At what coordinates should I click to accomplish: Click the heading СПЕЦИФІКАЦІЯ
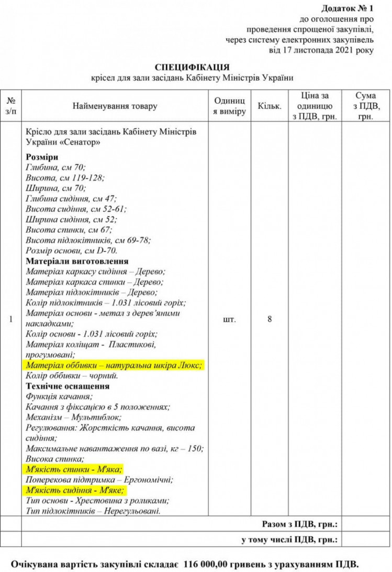[x=193, y=67]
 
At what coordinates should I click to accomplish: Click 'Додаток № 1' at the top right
[x=348, y=9]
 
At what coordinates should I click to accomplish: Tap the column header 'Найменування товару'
[x=115, y=106]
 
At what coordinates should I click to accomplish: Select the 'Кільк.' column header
[x=270, y=106]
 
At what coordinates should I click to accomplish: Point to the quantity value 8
[x=270, y=319]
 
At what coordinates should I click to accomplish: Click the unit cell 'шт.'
[x=229, y=319]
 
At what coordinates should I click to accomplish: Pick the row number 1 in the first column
[x=11, y=319]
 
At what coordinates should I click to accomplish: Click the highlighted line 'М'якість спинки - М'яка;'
[x=74, y=469]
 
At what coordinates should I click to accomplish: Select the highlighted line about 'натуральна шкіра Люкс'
[x=114, y=365]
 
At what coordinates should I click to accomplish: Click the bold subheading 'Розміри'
[x=41, y=157]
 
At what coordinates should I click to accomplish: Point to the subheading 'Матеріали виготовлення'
[x=77, y=261]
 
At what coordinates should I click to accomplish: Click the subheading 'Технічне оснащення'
[x=68, y=386]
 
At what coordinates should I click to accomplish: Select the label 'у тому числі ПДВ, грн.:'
[x=289, y=539]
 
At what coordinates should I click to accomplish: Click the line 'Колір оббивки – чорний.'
[x=72, y=376]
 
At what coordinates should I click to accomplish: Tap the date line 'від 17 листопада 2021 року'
[x=329, y=50]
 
